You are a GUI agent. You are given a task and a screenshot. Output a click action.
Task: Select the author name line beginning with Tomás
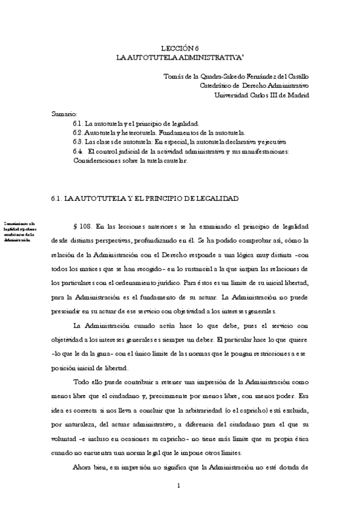tap(236, 76)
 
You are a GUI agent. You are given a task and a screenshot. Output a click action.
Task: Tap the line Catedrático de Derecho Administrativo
tap(254, 85)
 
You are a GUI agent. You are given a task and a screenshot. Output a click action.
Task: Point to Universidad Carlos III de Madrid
tap(262, 94)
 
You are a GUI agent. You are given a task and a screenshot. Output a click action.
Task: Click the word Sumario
tap(64, 113)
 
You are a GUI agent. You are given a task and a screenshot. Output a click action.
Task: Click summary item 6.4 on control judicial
tap(180, 151)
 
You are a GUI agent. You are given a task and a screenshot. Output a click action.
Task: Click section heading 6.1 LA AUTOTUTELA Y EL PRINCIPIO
tap(146, 197)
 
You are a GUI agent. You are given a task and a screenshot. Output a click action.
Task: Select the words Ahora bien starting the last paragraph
tap(88, 467)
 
